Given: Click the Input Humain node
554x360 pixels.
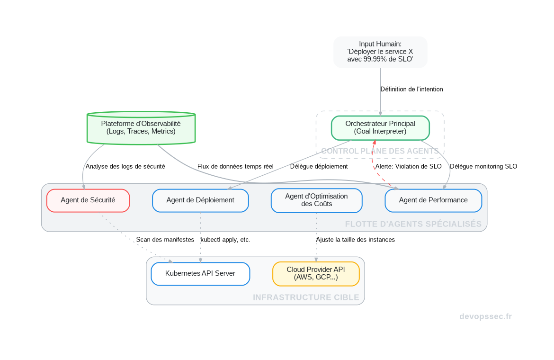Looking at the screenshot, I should coord(380,52).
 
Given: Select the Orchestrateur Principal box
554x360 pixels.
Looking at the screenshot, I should coord(380,127).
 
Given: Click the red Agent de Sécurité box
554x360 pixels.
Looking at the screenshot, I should coord(88,200).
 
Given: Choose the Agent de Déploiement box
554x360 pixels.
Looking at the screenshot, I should coord(200,200).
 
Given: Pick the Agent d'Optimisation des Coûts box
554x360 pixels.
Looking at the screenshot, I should coord(316,200).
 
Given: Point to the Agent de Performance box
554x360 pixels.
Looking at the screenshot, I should coord(433,200).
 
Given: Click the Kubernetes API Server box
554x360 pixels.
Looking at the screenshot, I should coord(200,273).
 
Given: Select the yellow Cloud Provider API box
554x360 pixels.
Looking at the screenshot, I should coord(316,273).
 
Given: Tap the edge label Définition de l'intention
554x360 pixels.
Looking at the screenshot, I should coord(411,89).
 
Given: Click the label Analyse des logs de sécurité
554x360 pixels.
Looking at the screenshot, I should coord(125,167).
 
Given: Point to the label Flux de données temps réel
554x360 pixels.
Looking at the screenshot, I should coord(235,167).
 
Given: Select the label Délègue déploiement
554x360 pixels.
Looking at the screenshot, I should coord(319,167).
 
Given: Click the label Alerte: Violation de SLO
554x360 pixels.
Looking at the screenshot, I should coord(408,167).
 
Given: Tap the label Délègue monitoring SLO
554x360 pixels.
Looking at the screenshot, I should coord(483,167).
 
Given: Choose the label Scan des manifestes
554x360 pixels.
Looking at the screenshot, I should coord(165,240).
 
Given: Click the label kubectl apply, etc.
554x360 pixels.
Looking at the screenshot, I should coord(225,240).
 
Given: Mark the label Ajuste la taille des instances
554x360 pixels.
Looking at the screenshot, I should coord(355,240).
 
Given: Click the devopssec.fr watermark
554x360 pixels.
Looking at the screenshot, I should coord(485,316).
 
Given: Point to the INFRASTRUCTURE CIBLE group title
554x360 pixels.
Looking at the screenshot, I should coord(306,297).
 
